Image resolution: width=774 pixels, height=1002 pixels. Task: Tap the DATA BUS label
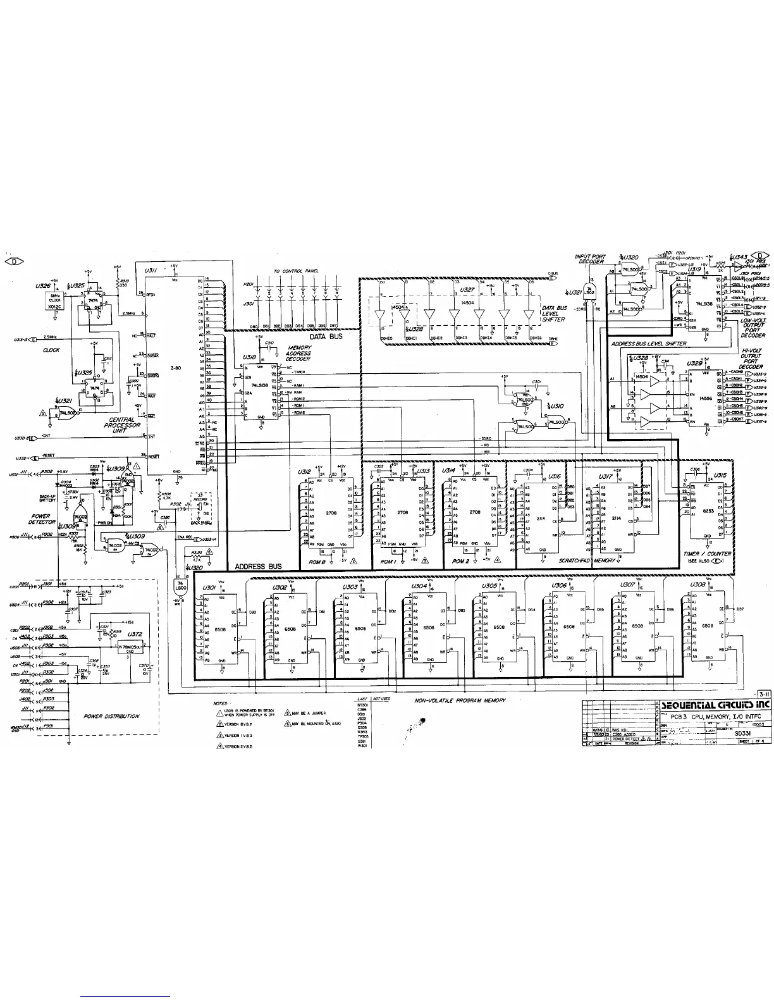pyautogui.click(x=326, y=337)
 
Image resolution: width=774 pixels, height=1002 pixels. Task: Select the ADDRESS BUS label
pyautogui.click(x=259, y=566)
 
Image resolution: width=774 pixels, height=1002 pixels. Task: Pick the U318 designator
pyautogui.click(x=249, y=357)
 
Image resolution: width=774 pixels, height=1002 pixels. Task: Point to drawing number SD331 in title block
pyautogui.click(x=742, y=734)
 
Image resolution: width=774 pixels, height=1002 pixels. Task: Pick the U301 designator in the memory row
pyautogui.click(x=209, y=588)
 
